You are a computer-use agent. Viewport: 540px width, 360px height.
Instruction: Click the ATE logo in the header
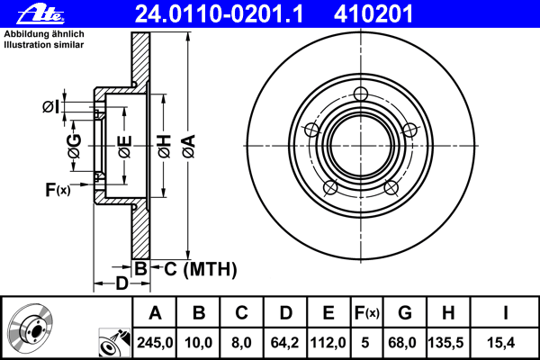(24, 13)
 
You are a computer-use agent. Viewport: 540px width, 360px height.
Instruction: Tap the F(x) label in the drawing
(58, 189)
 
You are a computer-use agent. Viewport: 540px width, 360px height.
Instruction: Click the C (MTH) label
(194, 267)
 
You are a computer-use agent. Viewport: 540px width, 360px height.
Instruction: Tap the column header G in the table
(405, 314)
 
